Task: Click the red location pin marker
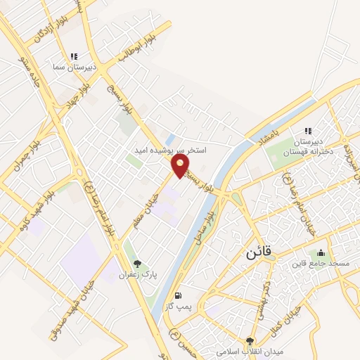tap(181, 166)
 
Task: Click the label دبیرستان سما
tap(67, 67)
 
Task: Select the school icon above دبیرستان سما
tap(74, 56)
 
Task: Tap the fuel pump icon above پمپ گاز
tap(179, 295)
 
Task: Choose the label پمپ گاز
tap(179, 307)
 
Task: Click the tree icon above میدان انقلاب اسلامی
tap(250, 340)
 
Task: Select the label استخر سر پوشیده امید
tap(171, 150)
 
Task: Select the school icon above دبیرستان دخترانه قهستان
tap(307, 131)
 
